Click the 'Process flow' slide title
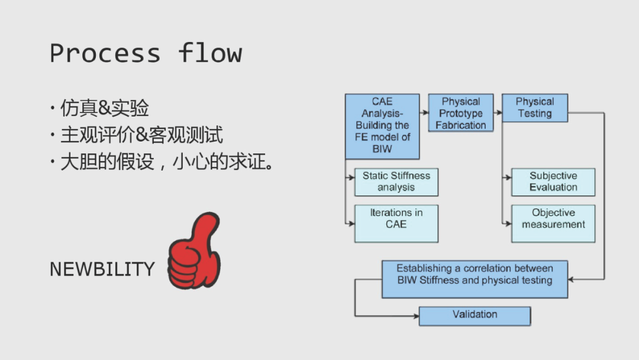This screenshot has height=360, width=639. coord(146,53)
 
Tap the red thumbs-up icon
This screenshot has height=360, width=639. coord(194,250)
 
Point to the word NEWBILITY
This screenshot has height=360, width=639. coord(102,269)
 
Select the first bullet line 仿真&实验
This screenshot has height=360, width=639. coord(104,108)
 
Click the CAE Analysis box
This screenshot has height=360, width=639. coord(382,126)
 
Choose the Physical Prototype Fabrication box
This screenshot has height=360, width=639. coord(461,113)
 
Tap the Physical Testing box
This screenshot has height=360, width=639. coord(535,108)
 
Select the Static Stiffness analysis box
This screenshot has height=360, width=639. coord(396,182)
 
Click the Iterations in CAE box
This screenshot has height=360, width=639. coord(396,223)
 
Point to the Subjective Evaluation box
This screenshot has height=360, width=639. coord(553,182)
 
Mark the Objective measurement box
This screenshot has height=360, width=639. coord(553,223)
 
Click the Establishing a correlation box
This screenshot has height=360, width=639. coord(475,279)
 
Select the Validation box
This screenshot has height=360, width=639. coord(475,316)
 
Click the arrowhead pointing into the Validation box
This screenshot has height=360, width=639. coord(416,316)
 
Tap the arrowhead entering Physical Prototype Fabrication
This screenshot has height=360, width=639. coord(425,112)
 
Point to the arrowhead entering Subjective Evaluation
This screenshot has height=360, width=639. coord(509,178)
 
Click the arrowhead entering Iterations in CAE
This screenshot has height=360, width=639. coord(351,223)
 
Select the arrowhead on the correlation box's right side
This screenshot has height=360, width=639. coord(570,279)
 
